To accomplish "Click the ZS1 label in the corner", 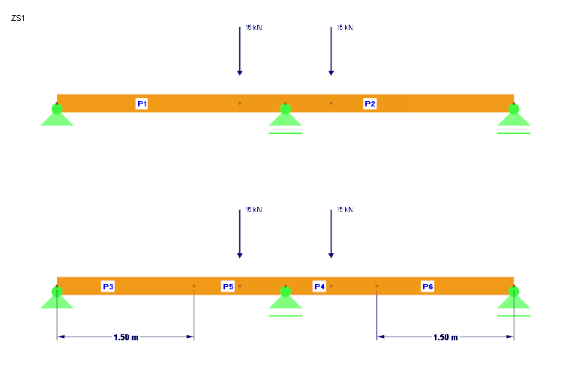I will tap(18, 18).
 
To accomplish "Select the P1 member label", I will tap(142, 103).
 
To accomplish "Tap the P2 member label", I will tap(370, 103).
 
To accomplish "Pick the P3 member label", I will tap(108, 286).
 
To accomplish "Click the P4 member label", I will tap(319, 286).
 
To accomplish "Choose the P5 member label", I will tap(228, 286).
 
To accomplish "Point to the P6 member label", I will tap(427, 286).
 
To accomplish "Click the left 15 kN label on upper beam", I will tap(253, 28).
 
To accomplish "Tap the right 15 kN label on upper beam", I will tap(345, 28).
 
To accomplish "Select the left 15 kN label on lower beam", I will tap(253, 211).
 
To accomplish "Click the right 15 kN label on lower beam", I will tap(345, 211).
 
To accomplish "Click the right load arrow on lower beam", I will tap(331, 234).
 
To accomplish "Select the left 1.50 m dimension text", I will tap(126, 337).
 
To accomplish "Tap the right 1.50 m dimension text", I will tap(445, 337).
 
